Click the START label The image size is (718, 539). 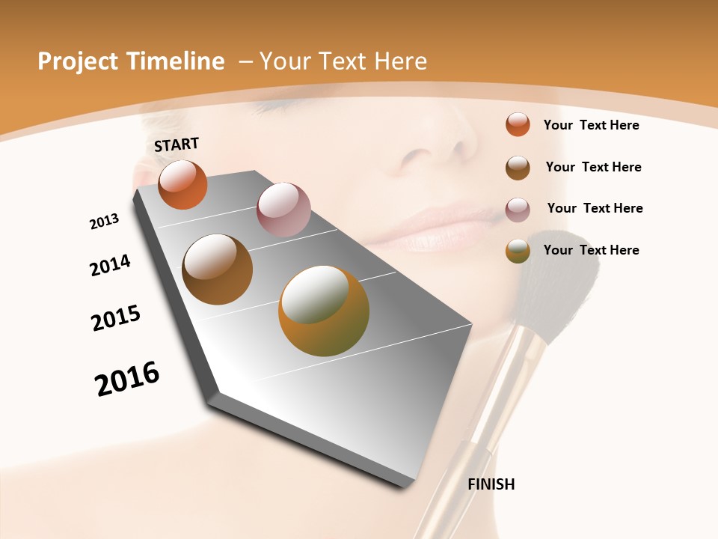coord(177,144)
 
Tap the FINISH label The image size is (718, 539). coord(491,484)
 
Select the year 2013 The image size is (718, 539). coord(104,222)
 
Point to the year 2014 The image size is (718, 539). coord(110,266)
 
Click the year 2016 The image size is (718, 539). coord(127,379)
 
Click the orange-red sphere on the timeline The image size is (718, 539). coord(182,184)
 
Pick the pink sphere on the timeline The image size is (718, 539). coord(283,210)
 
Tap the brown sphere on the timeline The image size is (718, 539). coord(217,269)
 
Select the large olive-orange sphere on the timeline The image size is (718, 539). coord(324,310)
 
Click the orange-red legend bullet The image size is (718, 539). coord(518,124)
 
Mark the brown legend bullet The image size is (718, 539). coord(518,168)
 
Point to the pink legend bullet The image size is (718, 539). coord(518,209)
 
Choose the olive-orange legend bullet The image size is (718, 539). coord(518,251)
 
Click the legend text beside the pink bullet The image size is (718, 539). coord(595,208)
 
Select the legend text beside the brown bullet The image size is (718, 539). coord(593,167)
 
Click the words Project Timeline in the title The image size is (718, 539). coord(131,61)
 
